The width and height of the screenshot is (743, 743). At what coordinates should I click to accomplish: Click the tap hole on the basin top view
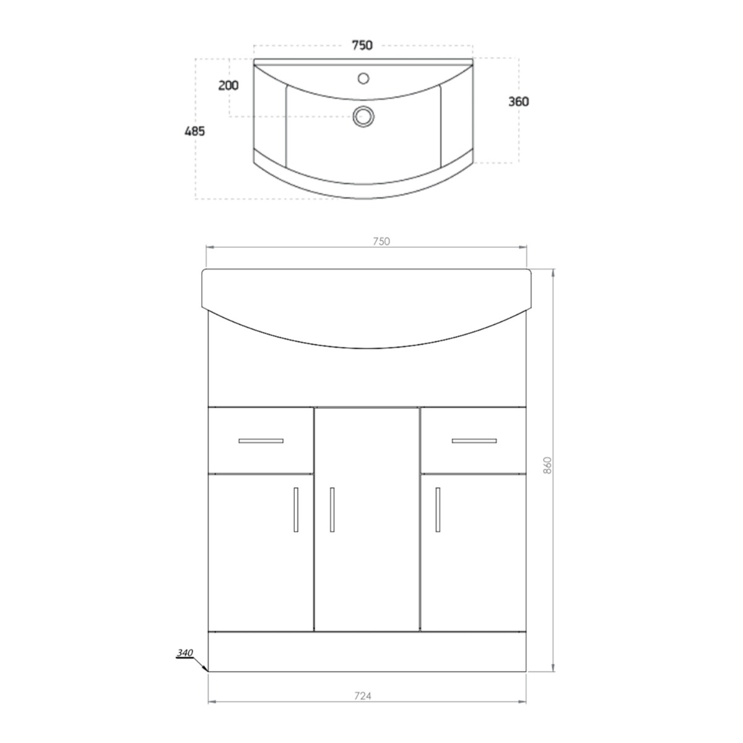(x=363, y=78)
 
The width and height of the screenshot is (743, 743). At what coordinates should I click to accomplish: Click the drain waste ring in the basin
(x=363, y=116)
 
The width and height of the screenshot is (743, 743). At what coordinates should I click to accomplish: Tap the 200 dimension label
(x=228, y=85)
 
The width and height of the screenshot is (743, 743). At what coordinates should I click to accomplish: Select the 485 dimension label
(x=194, y=131)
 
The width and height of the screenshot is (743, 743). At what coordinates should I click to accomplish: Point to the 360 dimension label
(x=519, y=102)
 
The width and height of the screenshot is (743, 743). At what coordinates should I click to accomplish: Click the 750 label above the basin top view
(x=362, y=45)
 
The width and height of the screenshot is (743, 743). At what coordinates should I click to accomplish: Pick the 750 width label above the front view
(x=381, y=241)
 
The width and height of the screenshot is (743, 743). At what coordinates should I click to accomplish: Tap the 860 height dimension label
(x=547, y=465)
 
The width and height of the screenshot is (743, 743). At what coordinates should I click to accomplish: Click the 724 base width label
(x=363, y=696)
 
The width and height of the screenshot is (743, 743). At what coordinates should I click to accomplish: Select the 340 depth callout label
(x=185, y=653)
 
